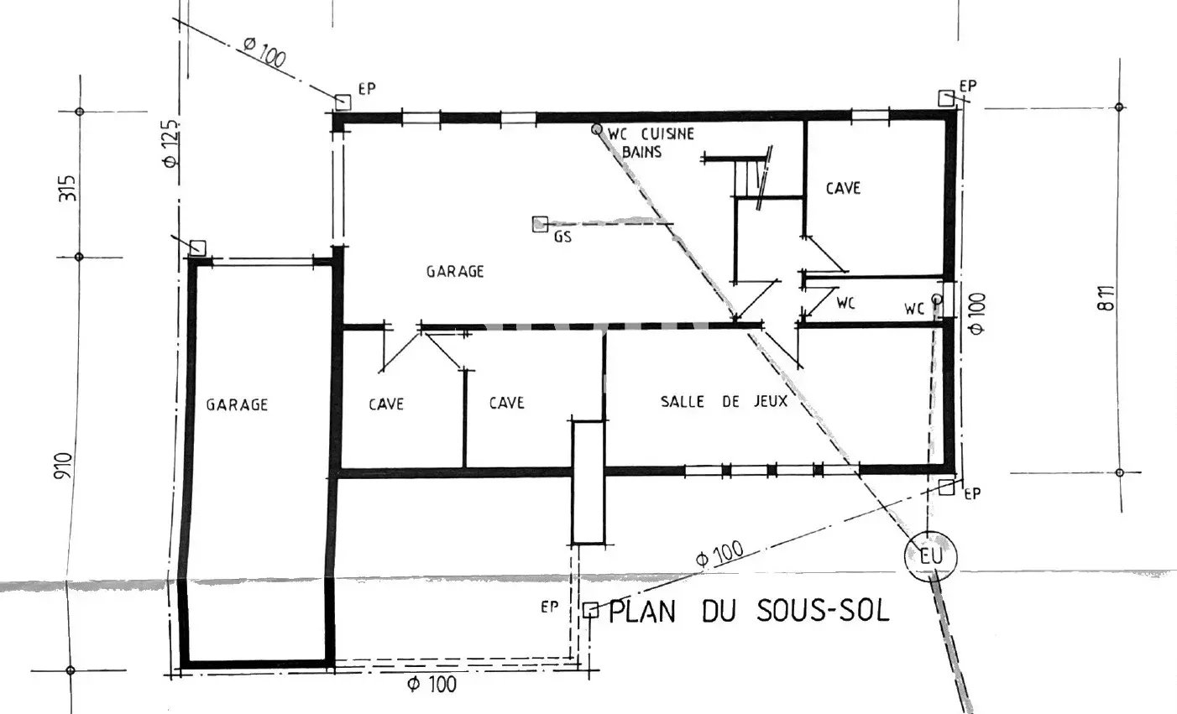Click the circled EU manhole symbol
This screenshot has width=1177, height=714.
coord(930,556)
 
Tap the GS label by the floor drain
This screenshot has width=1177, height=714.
coord(562,237)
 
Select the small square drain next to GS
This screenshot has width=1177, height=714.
coord(540,224)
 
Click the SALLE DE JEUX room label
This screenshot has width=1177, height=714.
coord(724,402)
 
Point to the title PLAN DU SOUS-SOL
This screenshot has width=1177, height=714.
coord(749,611)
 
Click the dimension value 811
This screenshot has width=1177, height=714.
coord(1106,298)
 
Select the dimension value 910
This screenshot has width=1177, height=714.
coord(62,465)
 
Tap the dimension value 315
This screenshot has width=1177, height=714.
coord(67,188)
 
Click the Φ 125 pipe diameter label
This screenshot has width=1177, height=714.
coord(170,143)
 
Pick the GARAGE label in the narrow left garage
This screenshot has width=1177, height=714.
coord(237,404)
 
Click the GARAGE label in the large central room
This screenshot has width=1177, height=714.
coord(455,272)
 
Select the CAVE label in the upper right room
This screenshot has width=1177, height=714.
coord(844,189)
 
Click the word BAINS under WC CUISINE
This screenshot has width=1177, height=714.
coord(641,152)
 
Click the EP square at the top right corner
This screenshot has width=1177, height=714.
coord(946,98)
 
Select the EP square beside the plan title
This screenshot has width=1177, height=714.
coord(591,610)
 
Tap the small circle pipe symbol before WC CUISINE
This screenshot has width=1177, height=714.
coord(596,128)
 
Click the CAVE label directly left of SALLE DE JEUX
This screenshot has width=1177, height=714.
coord(506,404)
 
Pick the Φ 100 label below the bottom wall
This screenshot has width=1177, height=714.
coord(432,684)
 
